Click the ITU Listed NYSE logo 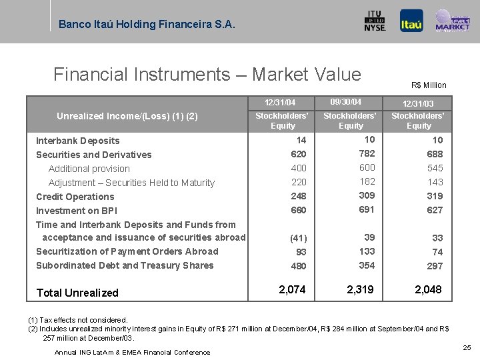pos(375,21)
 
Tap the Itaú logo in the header pos(411,21)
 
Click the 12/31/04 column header pos(280,103)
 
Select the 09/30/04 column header pos(346,102)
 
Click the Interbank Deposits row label pos(78,141)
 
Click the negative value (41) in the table pos(298,238)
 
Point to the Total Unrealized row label pos(77,293)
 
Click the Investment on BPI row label pos(76,211)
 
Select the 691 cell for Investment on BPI pos(367,209)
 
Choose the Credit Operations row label pos(75,197)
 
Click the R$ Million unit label pos(429,85)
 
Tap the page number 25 pos(467,347)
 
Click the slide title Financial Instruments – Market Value pos(207,75)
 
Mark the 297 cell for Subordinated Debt pos(435,266)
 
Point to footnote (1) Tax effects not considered pos(77,320)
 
